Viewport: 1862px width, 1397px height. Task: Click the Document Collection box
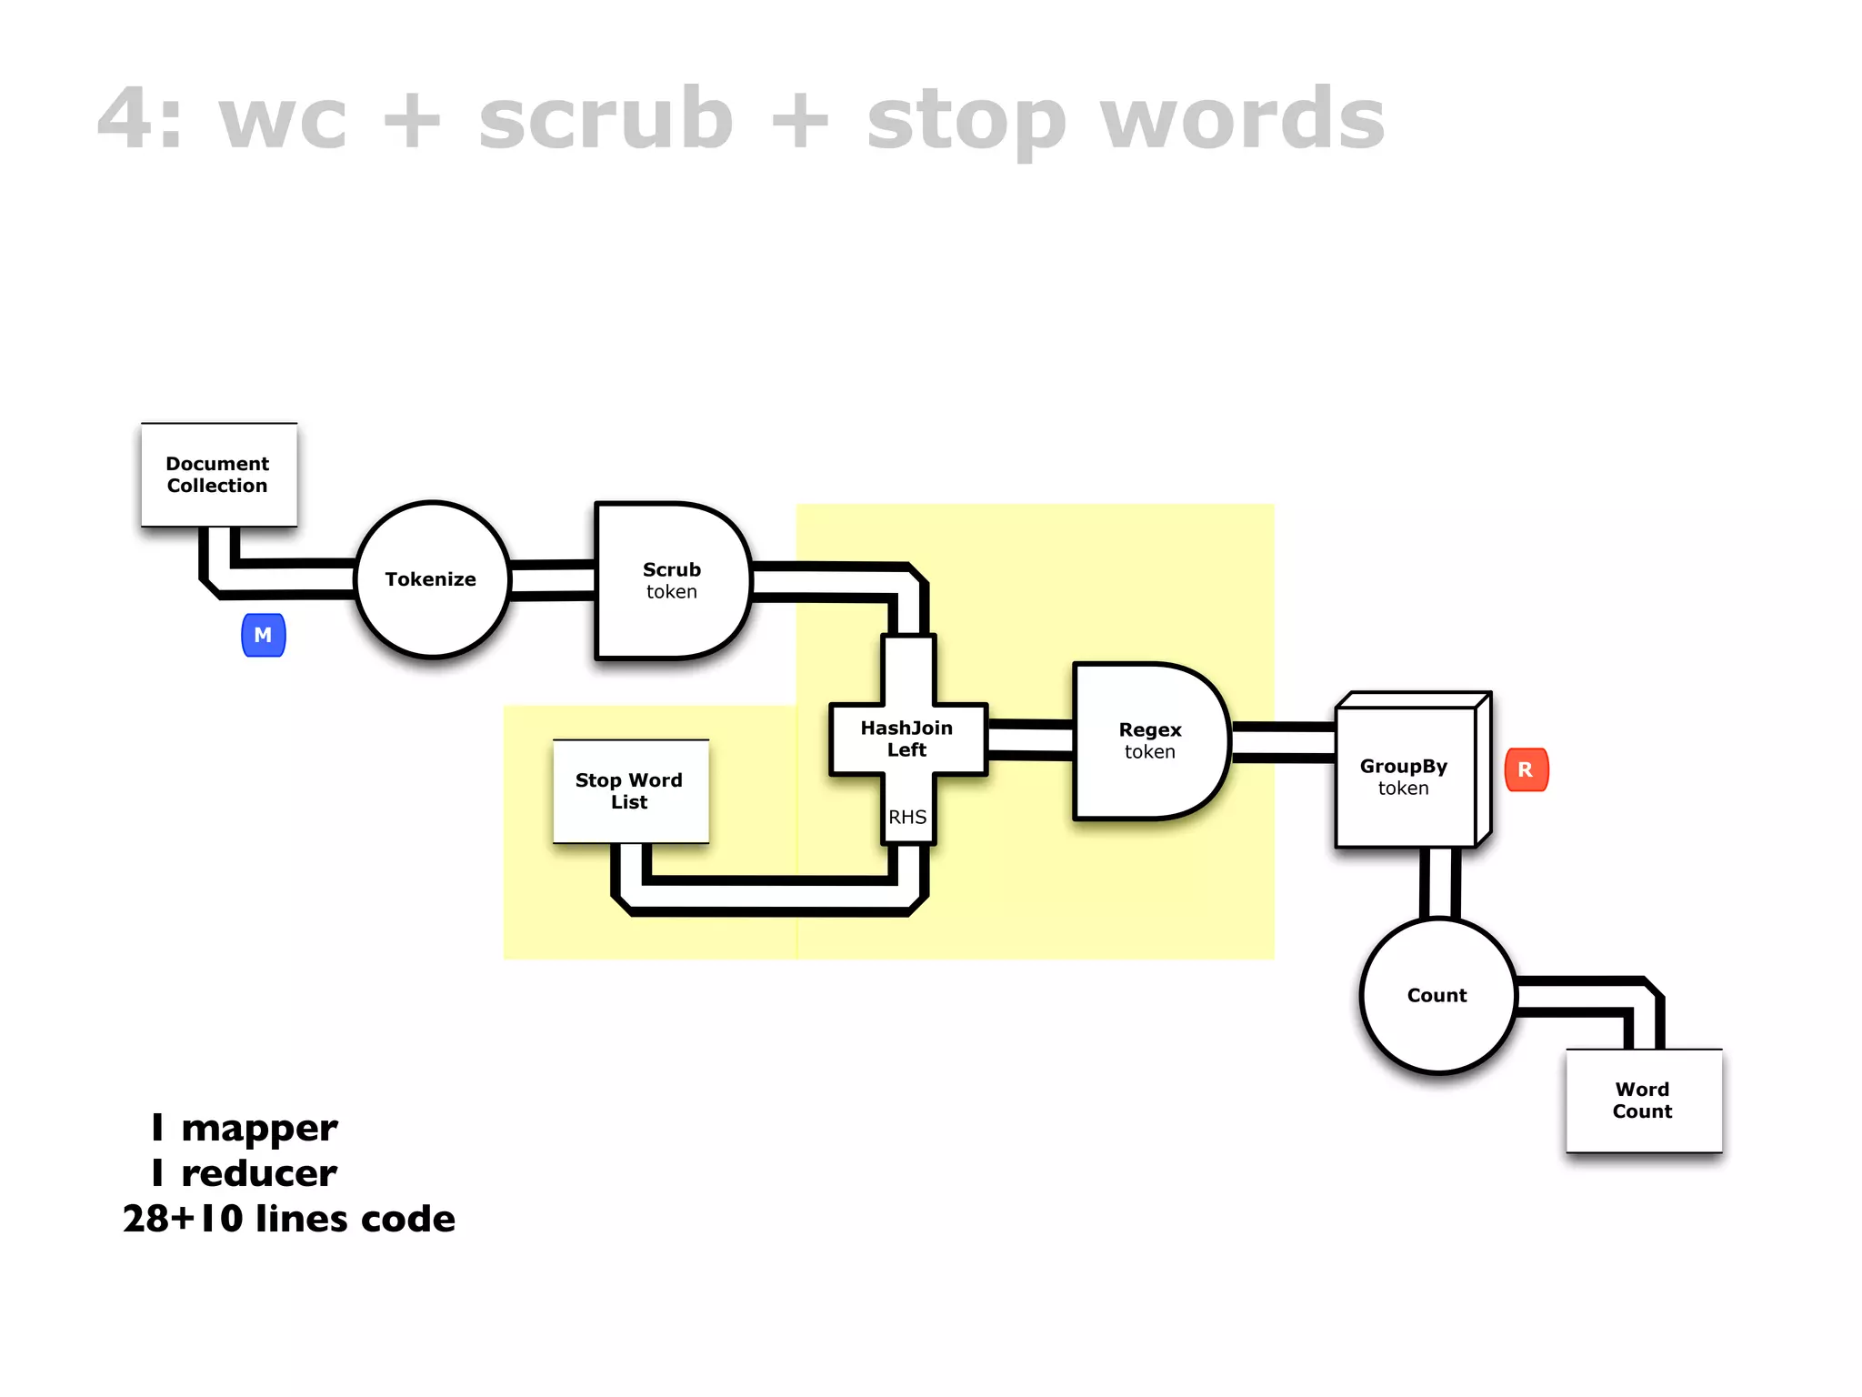pos(218,475)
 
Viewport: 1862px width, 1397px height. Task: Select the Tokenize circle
pos(431,579)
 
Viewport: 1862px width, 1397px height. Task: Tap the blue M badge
pos(264,635)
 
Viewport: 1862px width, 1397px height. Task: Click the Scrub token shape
pos(671,580)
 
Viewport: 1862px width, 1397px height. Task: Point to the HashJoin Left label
pos(906,739)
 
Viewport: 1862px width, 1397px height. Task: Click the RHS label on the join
pos(907,817)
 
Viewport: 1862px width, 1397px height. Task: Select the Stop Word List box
pos(630,791)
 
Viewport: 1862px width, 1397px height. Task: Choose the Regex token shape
pos(1149,741)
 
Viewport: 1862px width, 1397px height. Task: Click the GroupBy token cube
pos(1405,777)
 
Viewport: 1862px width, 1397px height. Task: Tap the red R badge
pos(1526,769)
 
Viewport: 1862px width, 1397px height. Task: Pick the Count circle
pos(1437,996)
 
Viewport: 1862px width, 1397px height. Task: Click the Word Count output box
pos(1643,1101)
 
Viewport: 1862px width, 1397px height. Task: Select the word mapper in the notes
pos(259,1129)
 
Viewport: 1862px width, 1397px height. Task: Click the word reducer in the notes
pos(259,1174)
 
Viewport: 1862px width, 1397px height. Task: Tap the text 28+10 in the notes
pos(183,1220)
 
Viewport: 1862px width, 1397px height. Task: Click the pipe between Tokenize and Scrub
pos(552,581)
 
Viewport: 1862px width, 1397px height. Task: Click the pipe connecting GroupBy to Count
pos(1440,882)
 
